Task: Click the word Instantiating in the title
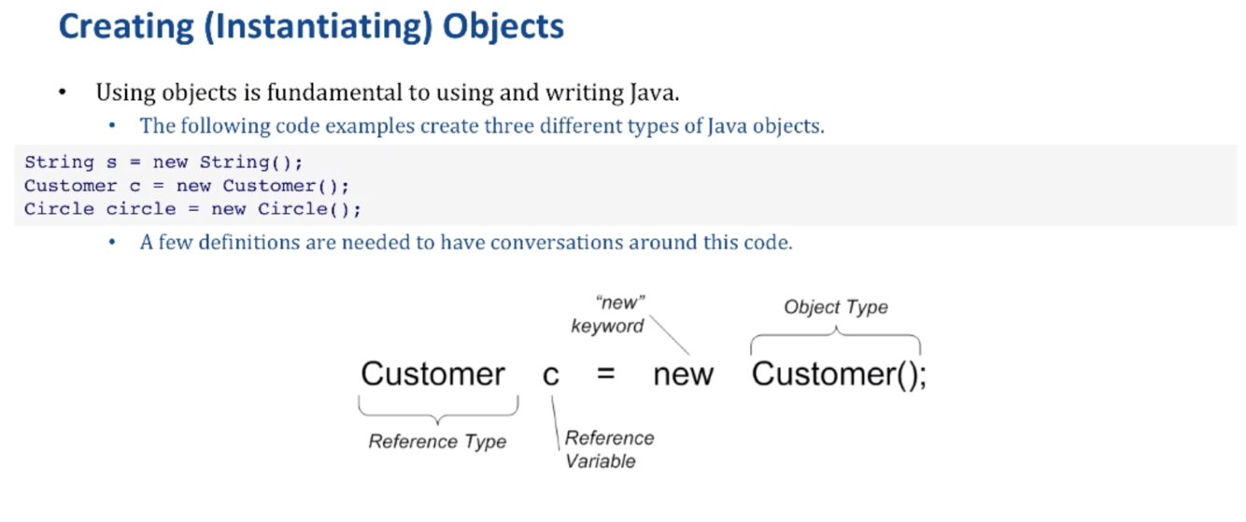point(318,25)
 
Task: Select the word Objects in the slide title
point(503,25)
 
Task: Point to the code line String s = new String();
point(163,162)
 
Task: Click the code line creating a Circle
point(192,208)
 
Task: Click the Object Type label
point(836,307)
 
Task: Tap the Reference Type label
point(437,442)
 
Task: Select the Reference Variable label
point(609,449)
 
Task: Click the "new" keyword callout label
point(608,314)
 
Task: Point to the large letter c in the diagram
point(551,375)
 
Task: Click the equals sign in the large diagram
point(606,375)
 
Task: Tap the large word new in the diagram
point(683,375)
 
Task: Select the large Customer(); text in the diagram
point(839,374)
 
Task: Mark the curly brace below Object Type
point(835,337)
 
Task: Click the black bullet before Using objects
point(63,93)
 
